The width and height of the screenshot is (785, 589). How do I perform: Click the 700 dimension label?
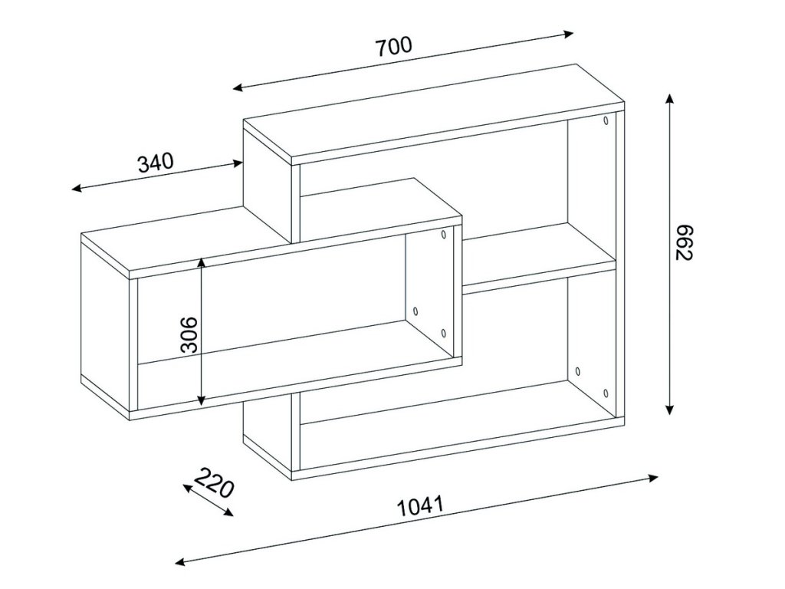pos(395,46)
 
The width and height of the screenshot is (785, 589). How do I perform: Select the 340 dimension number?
pos(156,162)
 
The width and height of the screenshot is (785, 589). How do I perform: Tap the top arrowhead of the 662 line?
pos(670,98)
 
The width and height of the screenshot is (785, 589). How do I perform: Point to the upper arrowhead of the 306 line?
pos(202,262)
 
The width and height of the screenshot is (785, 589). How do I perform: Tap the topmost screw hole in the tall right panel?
pos(606,120)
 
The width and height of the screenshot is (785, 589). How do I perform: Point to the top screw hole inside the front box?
pos(444,234)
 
